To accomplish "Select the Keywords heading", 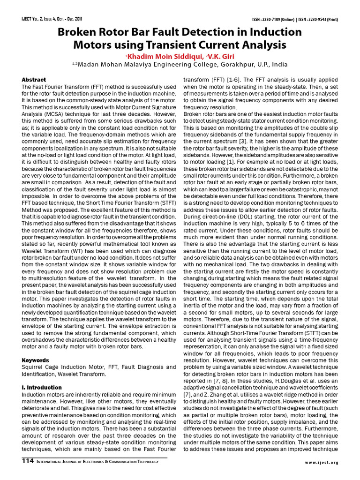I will (x=36, y=360).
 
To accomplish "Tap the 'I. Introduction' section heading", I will (x=42, y=388).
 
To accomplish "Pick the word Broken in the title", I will (x=78, y=32).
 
